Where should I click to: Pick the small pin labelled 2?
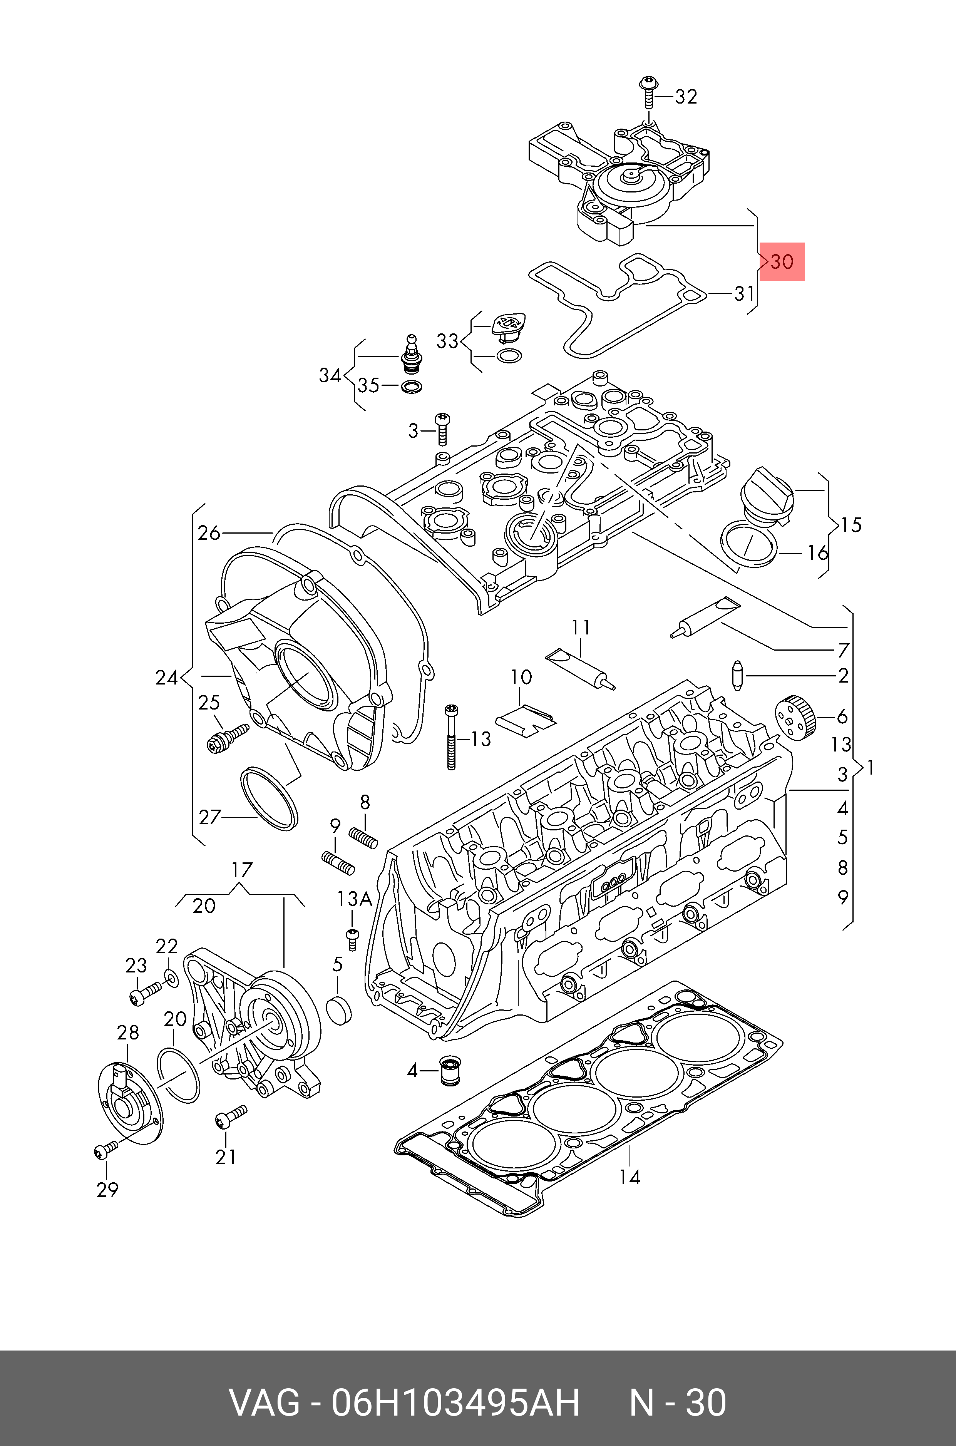(x=738, y=675)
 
